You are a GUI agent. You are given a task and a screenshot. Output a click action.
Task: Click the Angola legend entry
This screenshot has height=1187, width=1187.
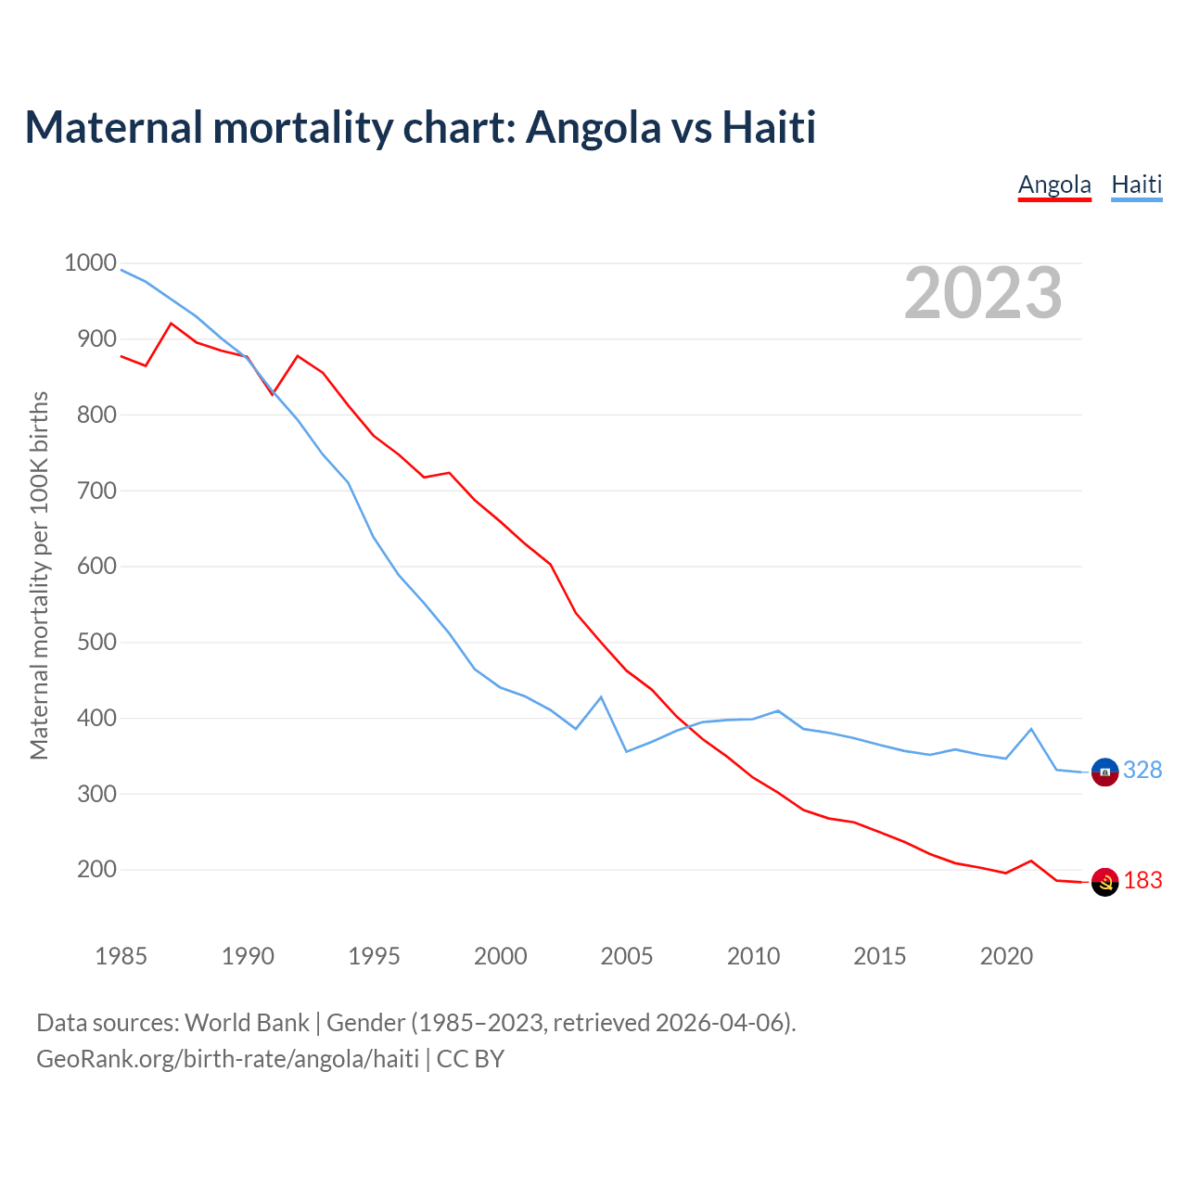pyautogui.click(x=1054, y=185)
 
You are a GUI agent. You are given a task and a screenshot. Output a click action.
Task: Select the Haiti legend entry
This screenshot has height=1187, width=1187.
pyautogui.click(x=1136, y=185)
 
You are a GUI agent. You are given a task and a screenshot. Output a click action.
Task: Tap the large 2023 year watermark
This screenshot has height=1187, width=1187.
pyautogui.click(x=983, y=293)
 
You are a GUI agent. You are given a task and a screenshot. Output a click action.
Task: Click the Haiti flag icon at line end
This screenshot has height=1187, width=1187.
pyautogui.click(x=1104, y=771)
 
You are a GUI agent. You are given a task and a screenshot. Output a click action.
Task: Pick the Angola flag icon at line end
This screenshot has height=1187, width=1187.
pyautogui.click(x=1104, y=882)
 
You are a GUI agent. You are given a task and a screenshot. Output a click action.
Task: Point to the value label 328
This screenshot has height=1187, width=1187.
pyautogui.click(x=1142, y=771)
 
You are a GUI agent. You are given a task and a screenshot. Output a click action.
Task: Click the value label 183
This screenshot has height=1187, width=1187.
pyautogui.click(x=1142, y=881)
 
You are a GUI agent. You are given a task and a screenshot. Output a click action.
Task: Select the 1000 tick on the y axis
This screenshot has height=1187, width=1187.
pyautogui.click(x=90, y=263)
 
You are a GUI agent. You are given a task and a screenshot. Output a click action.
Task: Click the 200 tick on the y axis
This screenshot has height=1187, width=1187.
pyautogui.click(x=96, y=870)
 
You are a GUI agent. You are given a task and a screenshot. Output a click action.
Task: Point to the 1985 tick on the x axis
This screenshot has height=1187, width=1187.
pyautogui.click(x=121, y=956)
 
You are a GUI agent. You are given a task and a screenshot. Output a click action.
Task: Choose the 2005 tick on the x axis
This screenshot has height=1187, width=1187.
pyautogui.click(x=627, y=956)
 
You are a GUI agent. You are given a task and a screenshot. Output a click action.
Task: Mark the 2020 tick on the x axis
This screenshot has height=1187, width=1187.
pyautogui.click(x=1006, y=956)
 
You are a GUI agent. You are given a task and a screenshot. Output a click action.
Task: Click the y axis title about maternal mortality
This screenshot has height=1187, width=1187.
pyautogui.click(x=39, y=575)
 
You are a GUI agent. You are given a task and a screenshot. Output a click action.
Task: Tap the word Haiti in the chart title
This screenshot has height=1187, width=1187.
pyautogui.click(x=769, y=127)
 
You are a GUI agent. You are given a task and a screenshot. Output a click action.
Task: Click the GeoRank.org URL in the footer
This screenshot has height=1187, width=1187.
pyautogui.click(x=227, y=1059)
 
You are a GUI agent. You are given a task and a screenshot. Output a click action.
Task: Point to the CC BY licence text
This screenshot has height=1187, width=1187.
pyautogui.click(x=470, y=1059)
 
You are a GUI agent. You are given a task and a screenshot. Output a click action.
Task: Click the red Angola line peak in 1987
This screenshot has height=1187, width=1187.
pyautogui.click(x=172, y=324)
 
